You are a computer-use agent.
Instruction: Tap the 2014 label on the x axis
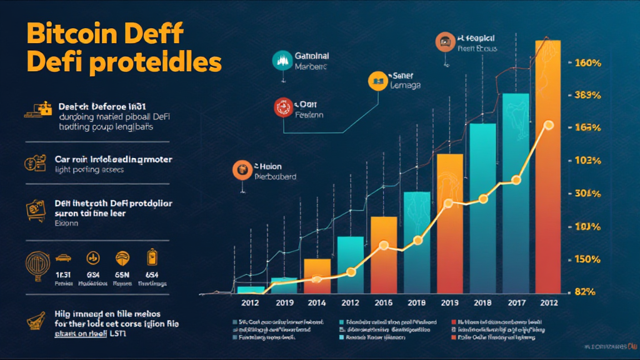tap(317, 302)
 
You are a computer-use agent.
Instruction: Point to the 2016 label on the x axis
tap(383, 302)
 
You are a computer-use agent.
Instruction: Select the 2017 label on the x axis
tap(516, 302)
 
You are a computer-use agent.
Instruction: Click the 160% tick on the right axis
tap(587, 63)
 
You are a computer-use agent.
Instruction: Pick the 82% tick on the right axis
tap(587, 291)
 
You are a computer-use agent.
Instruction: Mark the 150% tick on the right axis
tap(587, 259)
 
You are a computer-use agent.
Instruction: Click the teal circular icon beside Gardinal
tap(282, 59)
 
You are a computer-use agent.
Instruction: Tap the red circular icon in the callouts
tap(282, 107)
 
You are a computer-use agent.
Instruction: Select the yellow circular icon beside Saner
tap(377, 79)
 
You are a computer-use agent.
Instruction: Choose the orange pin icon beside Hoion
tap(241, 169)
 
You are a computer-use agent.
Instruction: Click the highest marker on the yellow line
tap(549, 125)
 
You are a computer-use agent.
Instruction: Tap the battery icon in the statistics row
tap(151, 257)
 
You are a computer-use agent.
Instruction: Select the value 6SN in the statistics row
tap(122, 276)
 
